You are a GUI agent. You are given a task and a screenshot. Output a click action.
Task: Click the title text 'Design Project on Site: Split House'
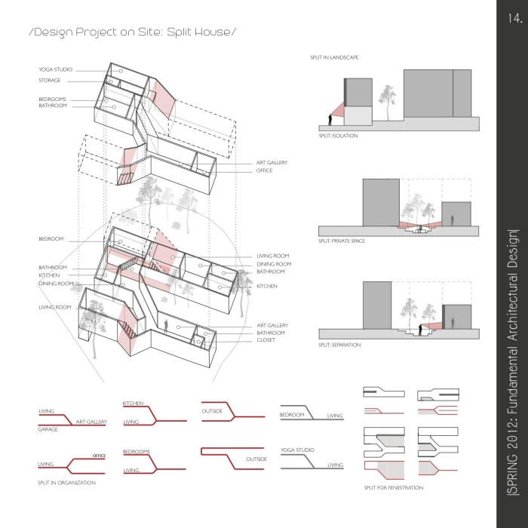tap(132, 32)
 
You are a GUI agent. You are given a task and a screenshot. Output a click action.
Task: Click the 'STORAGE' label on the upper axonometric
tap(50, 80)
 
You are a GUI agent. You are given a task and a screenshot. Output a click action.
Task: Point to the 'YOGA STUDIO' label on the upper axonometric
tap(55, 69)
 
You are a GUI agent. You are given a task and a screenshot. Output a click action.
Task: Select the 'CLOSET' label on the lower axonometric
tap(266, 339)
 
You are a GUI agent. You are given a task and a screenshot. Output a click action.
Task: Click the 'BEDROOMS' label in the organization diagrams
tap(137, 452)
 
